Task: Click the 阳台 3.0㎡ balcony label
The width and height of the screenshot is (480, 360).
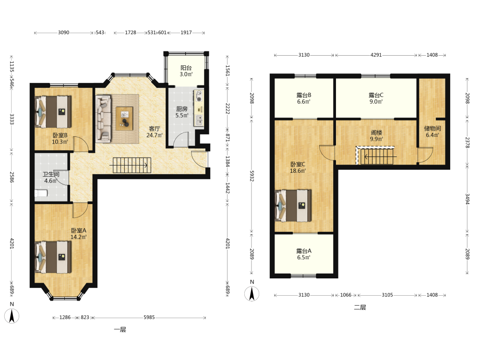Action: (x=186, y=71)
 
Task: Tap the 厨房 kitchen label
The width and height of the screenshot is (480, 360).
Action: (x=181, y=108)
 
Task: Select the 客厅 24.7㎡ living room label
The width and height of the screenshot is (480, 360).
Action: (x=154, y=132)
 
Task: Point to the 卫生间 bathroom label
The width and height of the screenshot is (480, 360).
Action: (x=51, y=174)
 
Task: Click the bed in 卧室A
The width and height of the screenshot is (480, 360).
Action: (x=53, y=257)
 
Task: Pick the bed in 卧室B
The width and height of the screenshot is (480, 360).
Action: (x=53, y=112)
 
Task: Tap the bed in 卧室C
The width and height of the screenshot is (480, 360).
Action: (x=293, y=206)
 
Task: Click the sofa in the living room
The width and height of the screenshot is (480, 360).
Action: (x=103, y=119)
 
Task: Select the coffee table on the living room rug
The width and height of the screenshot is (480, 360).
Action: (x=124, y=119)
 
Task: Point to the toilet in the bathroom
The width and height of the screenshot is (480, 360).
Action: (x=41, y=193)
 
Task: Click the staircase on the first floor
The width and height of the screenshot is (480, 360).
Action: (x=132, y=165)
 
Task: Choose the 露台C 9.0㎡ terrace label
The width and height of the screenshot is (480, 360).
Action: (x=376, y=98)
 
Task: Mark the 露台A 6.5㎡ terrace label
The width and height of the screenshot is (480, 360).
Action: (x=304, y=254)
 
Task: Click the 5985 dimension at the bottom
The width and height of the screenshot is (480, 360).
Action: (x=149, y=317)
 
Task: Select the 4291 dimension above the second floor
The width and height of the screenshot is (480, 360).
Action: (x=376, y=55)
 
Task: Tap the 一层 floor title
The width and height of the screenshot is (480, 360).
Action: (x=120, y=330)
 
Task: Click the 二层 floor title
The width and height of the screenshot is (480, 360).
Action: (x=360, y=307)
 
